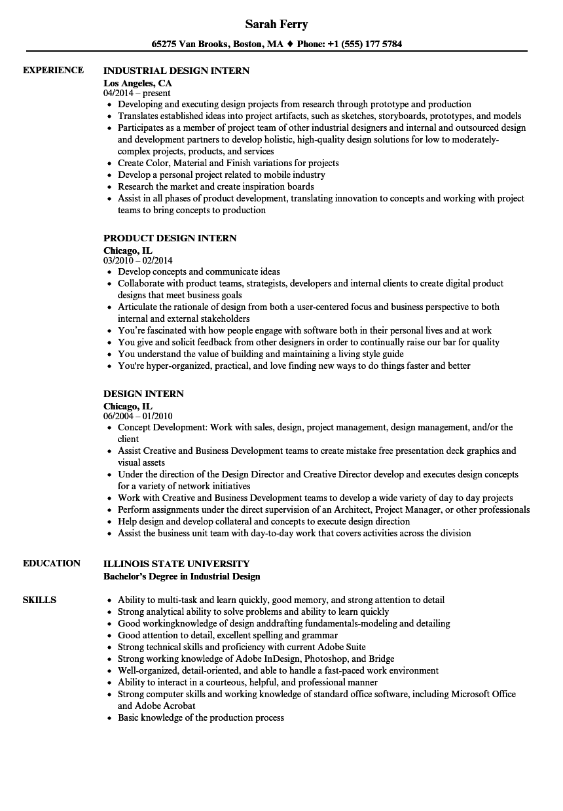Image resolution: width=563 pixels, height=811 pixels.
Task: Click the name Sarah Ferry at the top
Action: point(276,24)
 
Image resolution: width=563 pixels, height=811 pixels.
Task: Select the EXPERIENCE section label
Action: point(53,70)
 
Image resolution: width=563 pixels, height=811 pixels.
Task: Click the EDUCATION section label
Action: point(52,563)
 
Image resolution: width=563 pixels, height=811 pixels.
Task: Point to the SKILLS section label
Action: point(39,600)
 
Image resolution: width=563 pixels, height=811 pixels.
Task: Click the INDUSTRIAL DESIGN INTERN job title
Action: point(176,70)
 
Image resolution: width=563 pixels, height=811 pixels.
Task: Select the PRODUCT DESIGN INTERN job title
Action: point(170,238)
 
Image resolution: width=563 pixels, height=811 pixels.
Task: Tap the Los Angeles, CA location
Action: point(137,83)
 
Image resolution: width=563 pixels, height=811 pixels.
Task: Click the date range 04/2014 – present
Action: point(137,94)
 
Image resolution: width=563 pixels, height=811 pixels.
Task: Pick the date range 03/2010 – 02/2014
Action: point(138,260)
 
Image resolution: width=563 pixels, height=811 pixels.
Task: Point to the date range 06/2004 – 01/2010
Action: point(138,416)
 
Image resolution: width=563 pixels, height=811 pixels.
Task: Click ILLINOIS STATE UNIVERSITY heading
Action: point(176,563)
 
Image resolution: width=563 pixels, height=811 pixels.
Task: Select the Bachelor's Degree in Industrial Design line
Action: point(181,576)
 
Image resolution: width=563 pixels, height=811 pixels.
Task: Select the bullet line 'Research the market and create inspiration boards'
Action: point(215,186)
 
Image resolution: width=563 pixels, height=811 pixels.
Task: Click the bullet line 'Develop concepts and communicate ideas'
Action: point(198,271)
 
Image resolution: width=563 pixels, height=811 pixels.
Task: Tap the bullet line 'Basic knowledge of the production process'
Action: point(200,717)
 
